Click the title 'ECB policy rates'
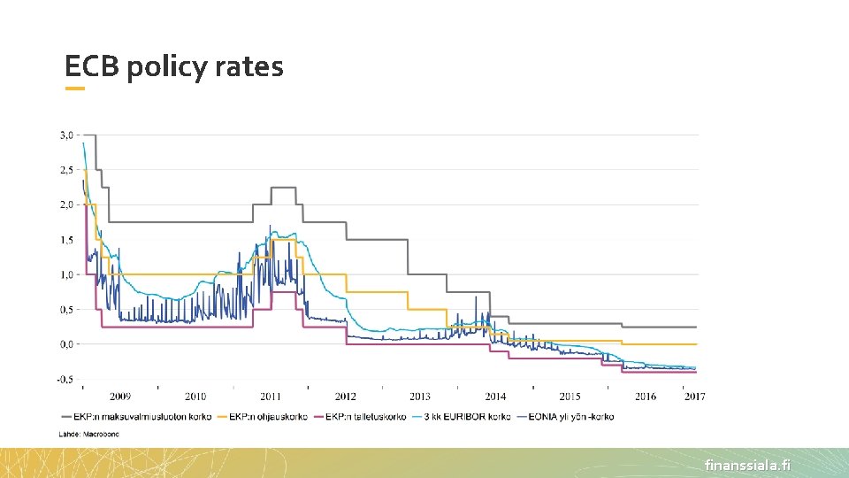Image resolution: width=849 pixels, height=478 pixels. click(174, 66)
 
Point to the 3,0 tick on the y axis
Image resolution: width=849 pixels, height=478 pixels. click(66, 135)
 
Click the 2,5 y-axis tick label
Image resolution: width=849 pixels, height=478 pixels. click(66, 169)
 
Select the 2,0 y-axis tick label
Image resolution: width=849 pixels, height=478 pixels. click(66, 204)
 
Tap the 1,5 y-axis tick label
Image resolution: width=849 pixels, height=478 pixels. click(66, 240)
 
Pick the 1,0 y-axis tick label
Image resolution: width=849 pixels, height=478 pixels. click(66, 274)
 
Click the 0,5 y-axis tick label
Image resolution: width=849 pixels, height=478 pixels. click(66, 310)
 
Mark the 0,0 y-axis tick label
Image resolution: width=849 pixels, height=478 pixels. click(66, 344)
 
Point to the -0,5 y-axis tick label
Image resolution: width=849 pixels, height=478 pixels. click(65, 380)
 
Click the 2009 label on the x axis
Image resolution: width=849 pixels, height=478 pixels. click(120, 397)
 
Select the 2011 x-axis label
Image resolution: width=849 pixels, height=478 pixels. click(271, 397)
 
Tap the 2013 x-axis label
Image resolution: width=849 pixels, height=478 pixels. click(420, 397)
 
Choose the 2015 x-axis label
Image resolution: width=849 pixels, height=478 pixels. click(570, 397)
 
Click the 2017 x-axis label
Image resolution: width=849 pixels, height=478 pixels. click(694, 397)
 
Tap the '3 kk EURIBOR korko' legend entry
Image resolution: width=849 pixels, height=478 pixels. click(466, 416)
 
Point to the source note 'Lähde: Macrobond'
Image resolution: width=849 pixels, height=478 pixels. click(88, 435)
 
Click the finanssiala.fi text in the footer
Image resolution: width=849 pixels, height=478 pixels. click(747, 465)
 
